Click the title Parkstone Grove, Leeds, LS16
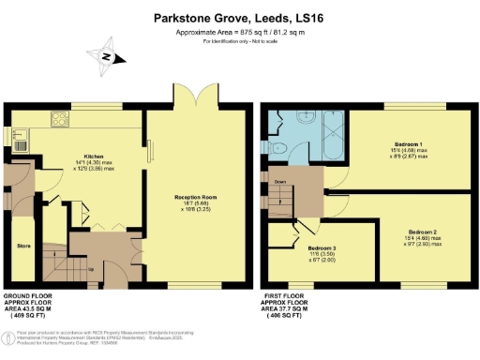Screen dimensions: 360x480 pyautogui.click(x=240, y=17)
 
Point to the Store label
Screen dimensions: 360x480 pyautogui.click(x=23, y=247)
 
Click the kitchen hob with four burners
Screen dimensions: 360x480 pyautogui.click(x=59, y=121)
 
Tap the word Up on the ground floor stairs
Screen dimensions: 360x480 pyautogui.click(x=93, y=271)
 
